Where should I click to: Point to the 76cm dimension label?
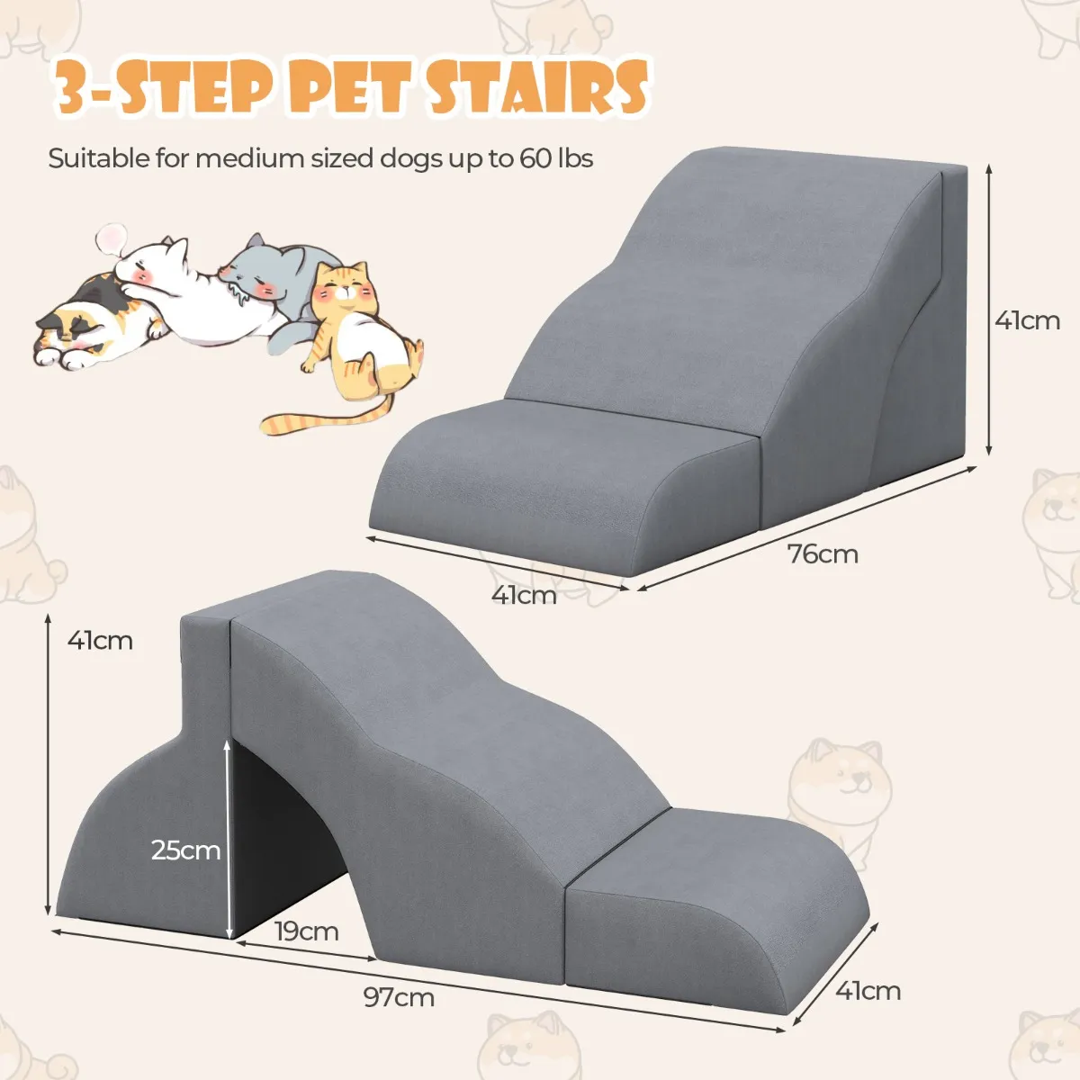(823, 554)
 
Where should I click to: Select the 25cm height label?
(185, 850)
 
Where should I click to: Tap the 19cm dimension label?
(307, 931)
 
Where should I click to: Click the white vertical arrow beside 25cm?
(228, 839)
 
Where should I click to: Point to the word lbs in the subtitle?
(576, 158)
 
